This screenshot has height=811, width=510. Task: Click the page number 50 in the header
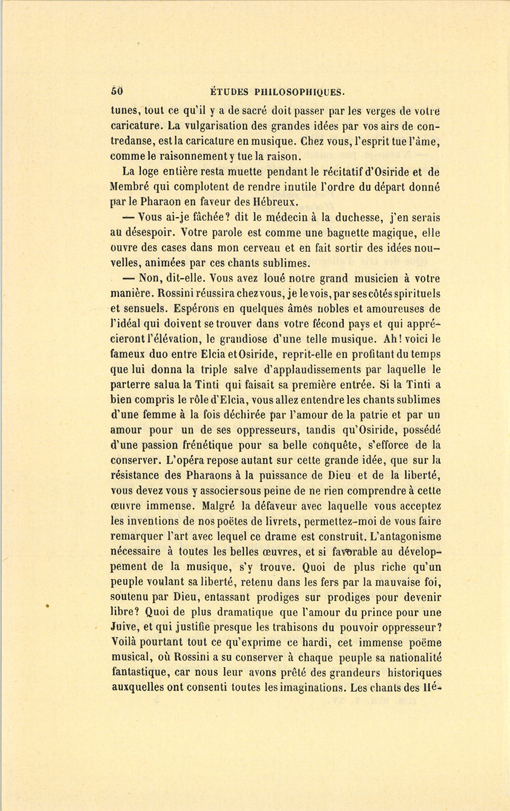[117, 91]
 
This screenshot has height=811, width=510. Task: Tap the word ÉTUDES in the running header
[226, 91]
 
